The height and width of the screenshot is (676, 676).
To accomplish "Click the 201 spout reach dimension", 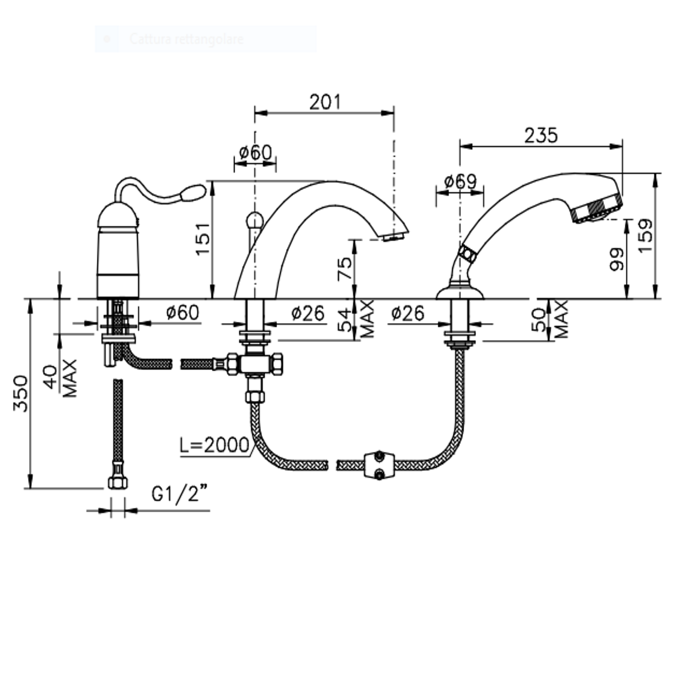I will point(325,102).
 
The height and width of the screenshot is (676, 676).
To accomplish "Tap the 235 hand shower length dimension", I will point(541,136).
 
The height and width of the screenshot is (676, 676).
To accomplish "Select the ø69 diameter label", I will point(460,181).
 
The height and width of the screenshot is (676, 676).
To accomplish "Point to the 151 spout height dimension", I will point(203,239).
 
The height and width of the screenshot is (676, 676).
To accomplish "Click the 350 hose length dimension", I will point(20,393).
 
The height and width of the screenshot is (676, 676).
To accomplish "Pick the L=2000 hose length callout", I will point(214,445).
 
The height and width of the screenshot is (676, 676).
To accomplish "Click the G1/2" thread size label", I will point(180,494).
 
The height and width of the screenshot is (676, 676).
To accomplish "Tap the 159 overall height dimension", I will point(645,236).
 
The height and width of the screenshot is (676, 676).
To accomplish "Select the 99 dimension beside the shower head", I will point(617,259).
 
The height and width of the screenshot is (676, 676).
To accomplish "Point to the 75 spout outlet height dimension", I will point(345,268).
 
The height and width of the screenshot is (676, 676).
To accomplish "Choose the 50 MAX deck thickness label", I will point(550,319).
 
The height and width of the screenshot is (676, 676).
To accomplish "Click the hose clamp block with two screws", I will point(379,465).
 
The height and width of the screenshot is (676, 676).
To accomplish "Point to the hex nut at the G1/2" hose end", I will point(118,482).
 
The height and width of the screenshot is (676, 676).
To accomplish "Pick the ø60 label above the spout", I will point(255,152).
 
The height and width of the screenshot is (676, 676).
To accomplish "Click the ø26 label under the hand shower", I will point(408,313).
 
